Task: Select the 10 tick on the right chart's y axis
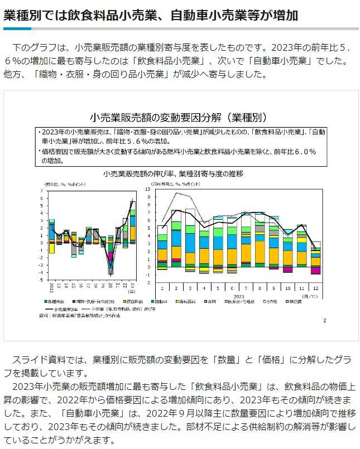(148, 190)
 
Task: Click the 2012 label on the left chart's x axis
(52, 288)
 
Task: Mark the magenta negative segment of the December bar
(316, 270)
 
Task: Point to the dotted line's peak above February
(177, 193)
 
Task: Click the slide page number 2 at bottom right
(324, 320)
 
